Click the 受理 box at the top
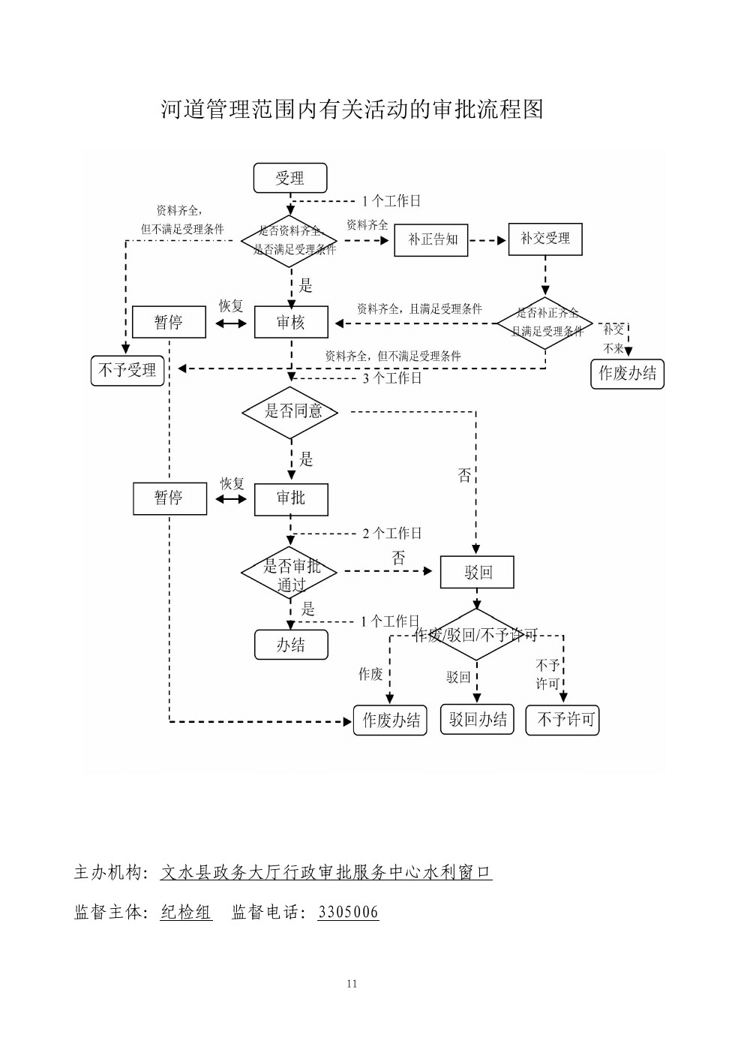(290, 179)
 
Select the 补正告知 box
(431, 239)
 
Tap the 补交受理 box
(545, 239)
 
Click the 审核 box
(291, 322)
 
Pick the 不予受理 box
(127, 370)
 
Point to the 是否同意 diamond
(290, 411)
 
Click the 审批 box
(291, 498)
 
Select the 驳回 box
(477, 573)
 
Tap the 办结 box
(291, 645)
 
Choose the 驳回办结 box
(477, 720)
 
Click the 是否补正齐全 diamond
(545, 323)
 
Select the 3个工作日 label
(392, 378)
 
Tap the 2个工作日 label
(392, 534)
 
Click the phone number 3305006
(348, 913)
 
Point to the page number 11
(352, 984)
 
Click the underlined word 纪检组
(187, 913)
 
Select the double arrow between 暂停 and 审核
(231, 323)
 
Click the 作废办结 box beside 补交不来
(628, 374)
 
